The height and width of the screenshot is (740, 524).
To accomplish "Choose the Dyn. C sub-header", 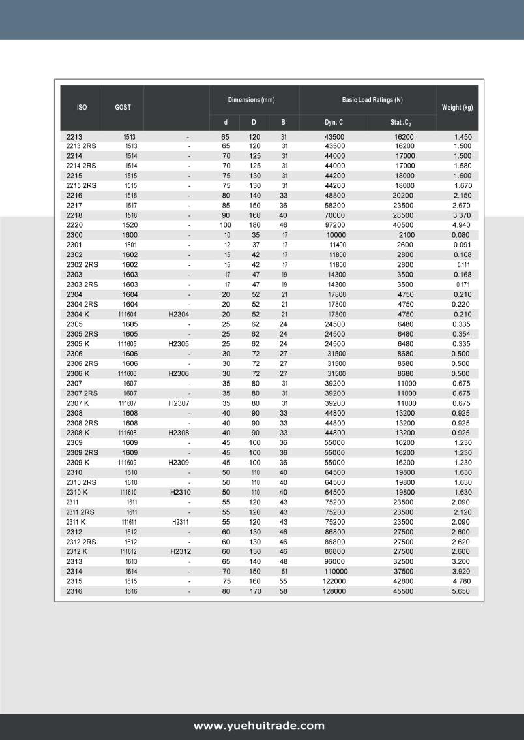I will point(334,122).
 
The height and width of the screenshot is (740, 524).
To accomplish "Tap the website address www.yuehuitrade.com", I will point(259,726).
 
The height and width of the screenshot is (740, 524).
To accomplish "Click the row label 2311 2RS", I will point(80,512).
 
